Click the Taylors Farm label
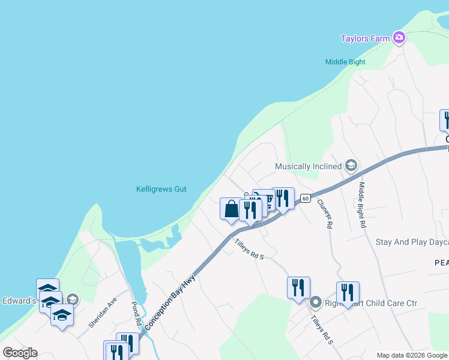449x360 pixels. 365,38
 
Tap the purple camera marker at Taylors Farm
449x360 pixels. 399,38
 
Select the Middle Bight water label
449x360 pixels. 345,62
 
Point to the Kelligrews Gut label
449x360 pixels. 161,189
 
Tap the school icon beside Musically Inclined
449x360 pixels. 351,166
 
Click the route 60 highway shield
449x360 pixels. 305,199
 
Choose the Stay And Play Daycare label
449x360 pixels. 412,242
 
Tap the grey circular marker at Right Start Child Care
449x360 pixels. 316,302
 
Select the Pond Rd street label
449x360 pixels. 136,314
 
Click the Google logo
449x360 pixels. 20,353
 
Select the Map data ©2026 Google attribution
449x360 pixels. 412,355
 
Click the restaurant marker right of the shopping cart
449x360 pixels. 283,199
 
